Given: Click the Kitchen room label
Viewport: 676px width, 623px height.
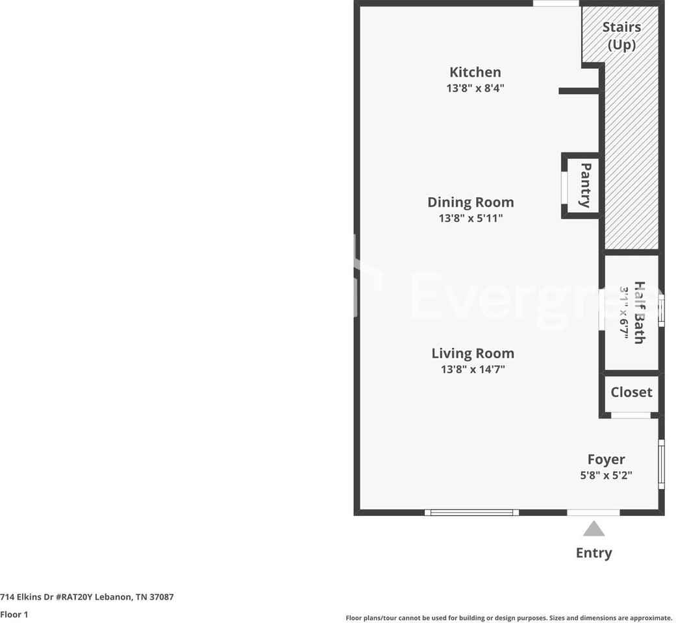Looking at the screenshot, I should [475, 72].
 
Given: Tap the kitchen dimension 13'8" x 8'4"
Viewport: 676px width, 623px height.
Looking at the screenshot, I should [475, 88].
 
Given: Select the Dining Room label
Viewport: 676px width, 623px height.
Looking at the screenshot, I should [470, 202].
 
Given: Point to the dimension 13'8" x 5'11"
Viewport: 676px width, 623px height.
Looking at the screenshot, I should [470, 218].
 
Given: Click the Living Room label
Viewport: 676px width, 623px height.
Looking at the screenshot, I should [473, 353].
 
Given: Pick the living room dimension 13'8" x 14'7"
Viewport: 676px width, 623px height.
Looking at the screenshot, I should [473, 369].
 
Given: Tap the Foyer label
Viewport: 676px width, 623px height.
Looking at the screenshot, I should [606, 459].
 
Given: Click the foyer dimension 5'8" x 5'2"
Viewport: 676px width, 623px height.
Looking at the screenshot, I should [606, 475].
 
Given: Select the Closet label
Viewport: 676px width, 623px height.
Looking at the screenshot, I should [631, 392].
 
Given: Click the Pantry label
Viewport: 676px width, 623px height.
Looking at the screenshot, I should [585, 185].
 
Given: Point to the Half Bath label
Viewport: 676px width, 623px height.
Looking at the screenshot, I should [639, 312].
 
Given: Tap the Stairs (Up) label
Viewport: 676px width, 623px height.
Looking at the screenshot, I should [621, 36].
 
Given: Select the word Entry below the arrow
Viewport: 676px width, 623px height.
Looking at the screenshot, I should [594, 553].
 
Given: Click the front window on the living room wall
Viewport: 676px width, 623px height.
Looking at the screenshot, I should [471, 512].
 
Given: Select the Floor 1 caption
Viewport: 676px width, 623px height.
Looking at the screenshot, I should [14, 614].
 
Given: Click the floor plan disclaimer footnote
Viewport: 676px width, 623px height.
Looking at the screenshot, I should [508, 618].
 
